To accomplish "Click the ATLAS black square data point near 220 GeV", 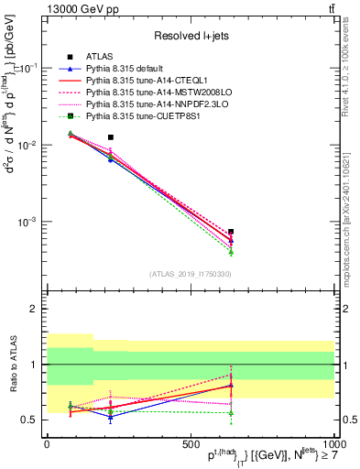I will pyautogui.click(x=111, y=137).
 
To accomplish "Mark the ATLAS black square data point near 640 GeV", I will pyautogui.click(x=231, y=232).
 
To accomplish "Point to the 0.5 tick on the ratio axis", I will pyautogui.click(x=30, y=420).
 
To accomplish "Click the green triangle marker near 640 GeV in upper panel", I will pyautogui.click(x=231, y=251).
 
